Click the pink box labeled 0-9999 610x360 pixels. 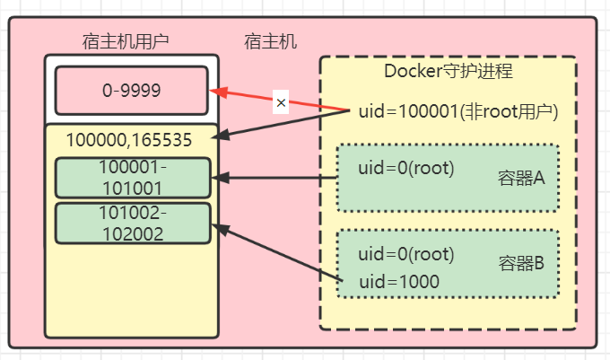[132, 90]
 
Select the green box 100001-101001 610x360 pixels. [132, 177]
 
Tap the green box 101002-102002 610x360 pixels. [132, 223]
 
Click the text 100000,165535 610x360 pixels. [129, 140]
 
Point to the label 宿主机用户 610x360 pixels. [132, 41]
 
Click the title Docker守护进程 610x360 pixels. [448, 71]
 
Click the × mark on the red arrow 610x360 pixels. [281, 103]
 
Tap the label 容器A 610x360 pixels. [521, 178]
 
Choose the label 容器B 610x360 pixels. [521, 264]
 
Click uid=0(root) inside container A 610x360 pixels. [406, 168]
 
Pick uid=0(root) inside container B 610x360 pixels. [406, 254]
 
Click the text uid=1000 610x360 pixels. [399, 282]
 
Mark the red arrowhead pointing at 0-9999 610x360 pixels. [215, 91]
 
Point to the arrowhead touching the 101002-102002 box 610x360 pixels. [217, 230]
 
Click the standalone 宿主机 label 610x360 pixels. [271, 41]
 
